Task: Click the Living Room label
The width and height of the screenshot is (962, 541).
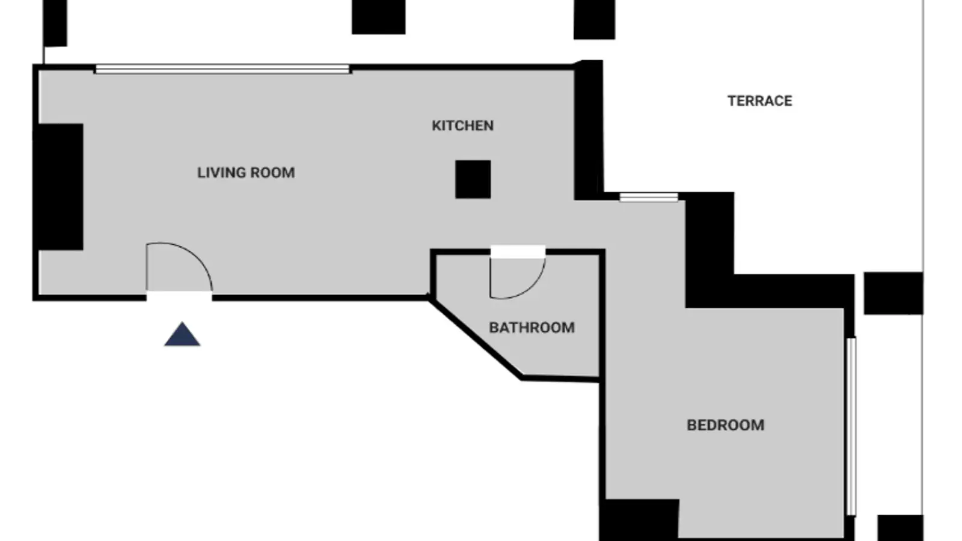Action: [246, 173]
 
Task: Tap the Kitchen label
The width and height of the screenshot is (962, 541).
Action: [462, 126]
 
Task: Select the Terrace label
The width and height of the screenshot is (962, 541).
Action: [760, 101]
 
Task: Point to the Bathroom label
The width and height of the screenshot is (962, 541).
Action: [532, 328]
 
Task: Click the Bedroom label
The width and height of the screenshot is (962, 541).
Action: [725, 425]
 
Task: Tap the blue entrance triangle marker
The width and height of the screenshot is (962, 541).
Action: [182, 334]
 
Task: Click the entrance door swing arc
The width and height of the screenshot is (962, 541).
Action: [195, 256]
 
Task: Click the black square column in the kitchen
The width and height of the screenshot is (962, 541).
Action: [473, 180]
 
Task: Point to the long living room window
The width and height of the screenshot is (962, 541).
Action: [222, 69]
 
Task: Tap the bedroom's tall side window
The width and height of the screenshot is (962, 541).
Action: [851, 426]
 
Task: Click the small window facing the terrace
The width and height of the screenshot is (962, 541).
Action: [649, 197]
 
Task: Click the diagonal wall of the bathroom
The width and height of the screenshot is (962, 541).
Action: [476, 339]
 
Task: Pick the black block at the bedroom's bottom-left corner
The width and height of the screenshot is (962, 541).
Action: [640, 519]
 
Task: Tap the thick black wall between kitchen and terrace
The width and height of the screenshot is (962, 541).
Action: [589, 130]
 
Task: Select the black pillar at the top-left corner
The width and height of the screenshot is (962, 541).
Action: [55, 23]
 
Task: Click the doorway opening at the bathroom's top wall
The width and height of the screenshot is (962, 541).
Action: [518, 252]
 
